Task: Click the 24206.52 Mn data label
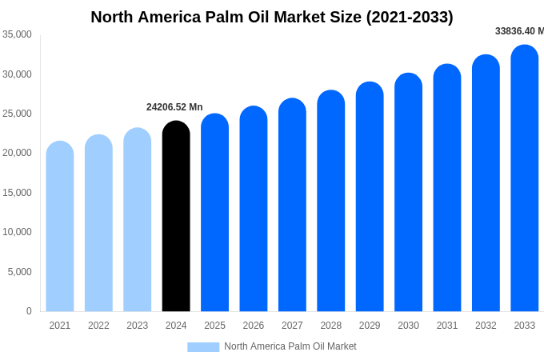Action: pyautogui.click(x=174, y=107)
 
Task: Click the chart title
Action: pyautogui.click(x=272, y=17)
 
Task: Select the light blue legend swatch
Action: pyautogui.click(x=203, y=346)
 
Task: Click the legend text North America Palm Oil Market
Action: pyautogui.click(x=290, y=346)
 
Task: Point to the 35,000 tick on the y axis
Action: pyautogui.click(x=17, y=34)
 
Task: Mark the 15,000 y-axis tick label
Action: pyautogui.click(x=17, y=193)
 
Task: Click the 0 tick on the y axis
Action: pyautogui.click(x=29, y=311)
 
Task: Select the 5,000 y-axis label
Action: pyautogui.click(x=19, y=272)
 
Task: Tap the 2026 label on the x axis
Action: pyautogui.click(x=254, y=326)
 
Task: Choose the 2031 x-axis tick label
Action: pyautogui.click(x=447, y=326)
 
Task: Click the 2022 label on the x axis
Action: pyautogui.click(x=98, y=326)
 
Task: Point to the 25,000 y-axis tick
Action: pyautogui.click(x=17, y=114)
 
